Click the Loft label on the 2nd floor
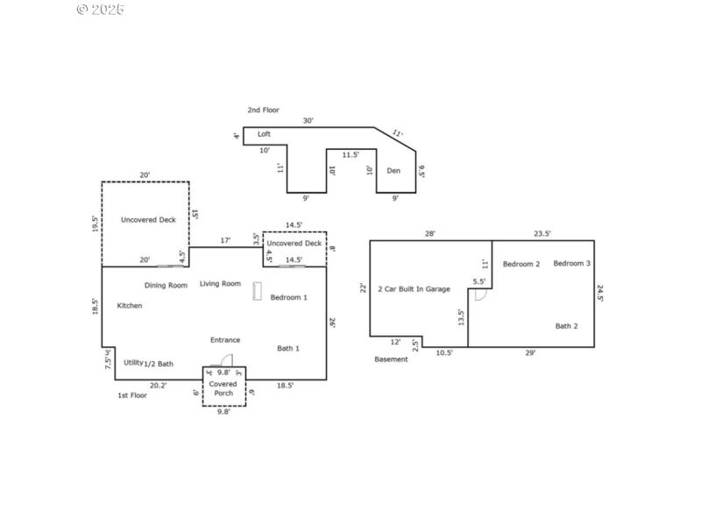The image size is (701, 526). click(264, 134)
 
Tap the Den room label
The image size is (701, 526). click(393, 170)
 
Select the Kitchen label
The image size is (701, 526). click(129, 305)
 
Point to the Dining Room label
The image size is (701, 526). click(166, 285)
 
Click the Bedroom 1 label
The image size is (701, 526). click(288, 297)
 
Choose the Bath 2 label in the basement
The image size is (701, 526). click(566, 325)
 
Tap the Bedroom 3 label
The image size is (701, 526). click(571, 263)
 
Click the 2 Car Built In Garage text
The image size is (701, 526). click(414, 288)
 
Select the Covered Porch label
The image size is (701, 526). click(223, 387)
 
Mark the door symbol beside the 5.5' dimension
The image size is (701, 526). click(479, 295)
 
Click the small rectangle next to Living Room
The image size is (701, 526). click(257, 292)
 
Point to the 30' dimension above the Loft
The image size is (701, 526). click(308, 120)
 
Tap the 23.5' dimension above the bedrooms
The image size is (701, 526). click(542, 233)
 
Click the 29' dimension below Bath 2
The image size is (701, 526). click(531, 352)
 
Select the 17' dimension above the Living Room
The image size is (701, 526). click(225, 239)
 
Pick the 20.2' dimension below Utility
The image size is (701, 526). click(158, 385)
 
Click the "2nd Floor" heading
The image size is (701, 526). click(263, 110)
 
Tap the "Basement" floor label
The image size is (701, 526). click(391, 359)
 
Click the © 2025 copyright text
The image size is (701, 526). click(100, 10)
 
